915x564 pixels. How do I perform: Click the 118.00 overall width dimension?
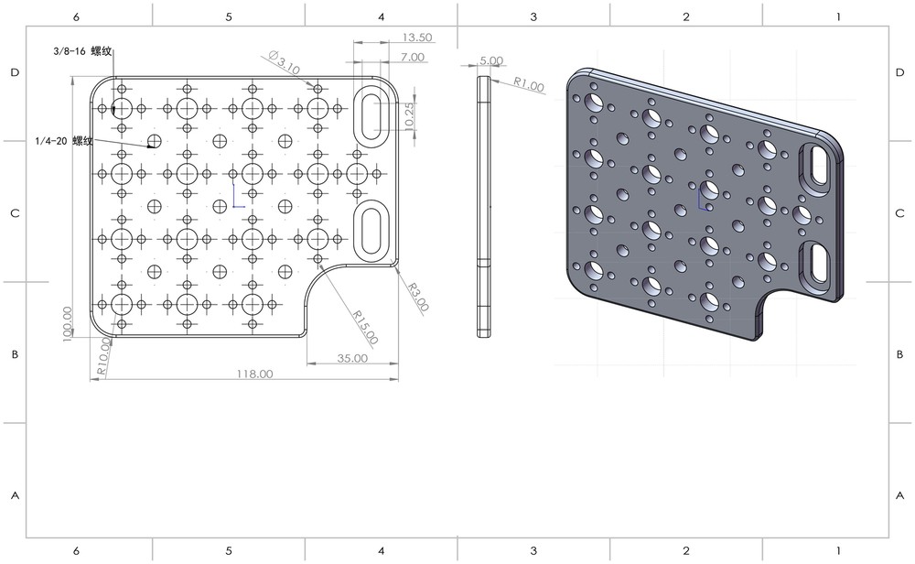coord(254,374)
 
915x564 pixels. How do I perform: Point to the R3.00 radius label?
coord(418,298)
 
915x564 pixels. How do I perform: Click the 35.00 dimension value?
coord(351,358)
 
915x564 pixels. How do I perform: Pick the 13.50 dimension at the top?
coord(417,38)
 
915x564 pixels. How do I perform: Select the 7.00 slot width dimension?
coord(412,57)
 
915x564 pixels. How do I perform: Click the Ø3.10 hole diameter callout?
coord(285,63)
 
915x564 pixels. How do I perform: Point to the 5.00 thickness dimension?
coord(490,60)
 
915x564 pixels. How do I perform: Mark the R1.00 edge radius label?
coord(528,85)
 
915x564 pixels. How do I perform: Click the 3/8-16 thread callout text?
coord(82,52)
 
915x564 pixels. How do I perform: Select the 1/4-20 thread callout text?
coord(64,141)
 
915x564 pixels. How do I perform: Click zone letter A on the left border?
coord(14,495)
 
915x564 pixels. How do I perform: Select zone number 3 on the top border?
coord(533,16)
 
